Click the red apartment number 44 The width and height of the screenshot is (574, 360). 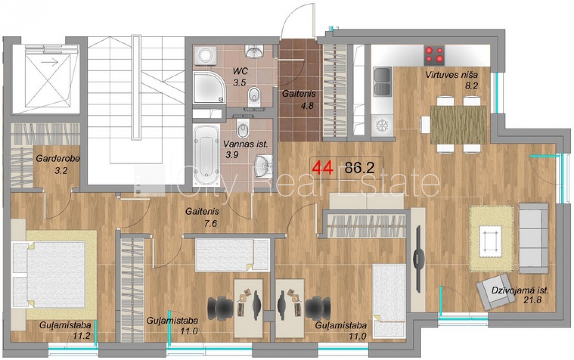click(x=323, y=168)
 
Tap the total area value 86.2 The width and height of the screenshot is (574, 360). click(x=360, y=168)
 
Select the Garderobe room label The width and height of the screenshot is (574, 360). click(x=58, y=158)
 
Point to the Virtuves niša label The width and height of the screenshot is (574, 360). click(x=452, y=75)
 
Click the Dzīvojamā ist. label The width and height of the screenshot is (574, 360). click(x=520, y=290)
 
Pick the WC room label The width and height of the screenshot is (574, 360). click(x=240, y=71)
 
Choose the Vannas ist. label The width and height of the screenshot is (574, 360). click(x=245, y=144)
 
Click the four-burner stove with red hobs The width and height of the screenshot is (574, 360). click(x=434, y=55)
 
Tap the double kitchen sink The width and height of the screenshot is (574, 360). click(x=382, y=82)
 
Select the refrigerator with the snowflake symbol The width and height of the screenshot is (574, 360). click(x=382, y=126)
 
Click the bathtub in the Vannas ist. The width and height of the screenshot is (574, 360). click(x=206, y=155)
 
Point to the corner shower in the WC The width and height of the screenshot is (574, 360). click(x=209, y=87)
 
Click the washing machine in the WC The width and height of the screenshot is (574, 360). click(x=205, y=55)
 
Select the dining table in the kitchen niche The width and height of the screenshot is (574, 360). click(x=458, y=125)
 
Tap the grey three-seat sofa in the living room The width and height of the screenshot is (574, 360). click(x=533, y=238)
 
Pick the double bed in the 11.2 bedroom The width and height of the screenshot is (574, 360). click(x=49, y=275)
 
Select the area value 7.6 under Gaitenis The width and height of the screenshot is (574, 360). click(x=210, y=224)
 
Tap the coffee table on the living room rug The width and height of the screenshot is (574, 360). click(x=490, y=241)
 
